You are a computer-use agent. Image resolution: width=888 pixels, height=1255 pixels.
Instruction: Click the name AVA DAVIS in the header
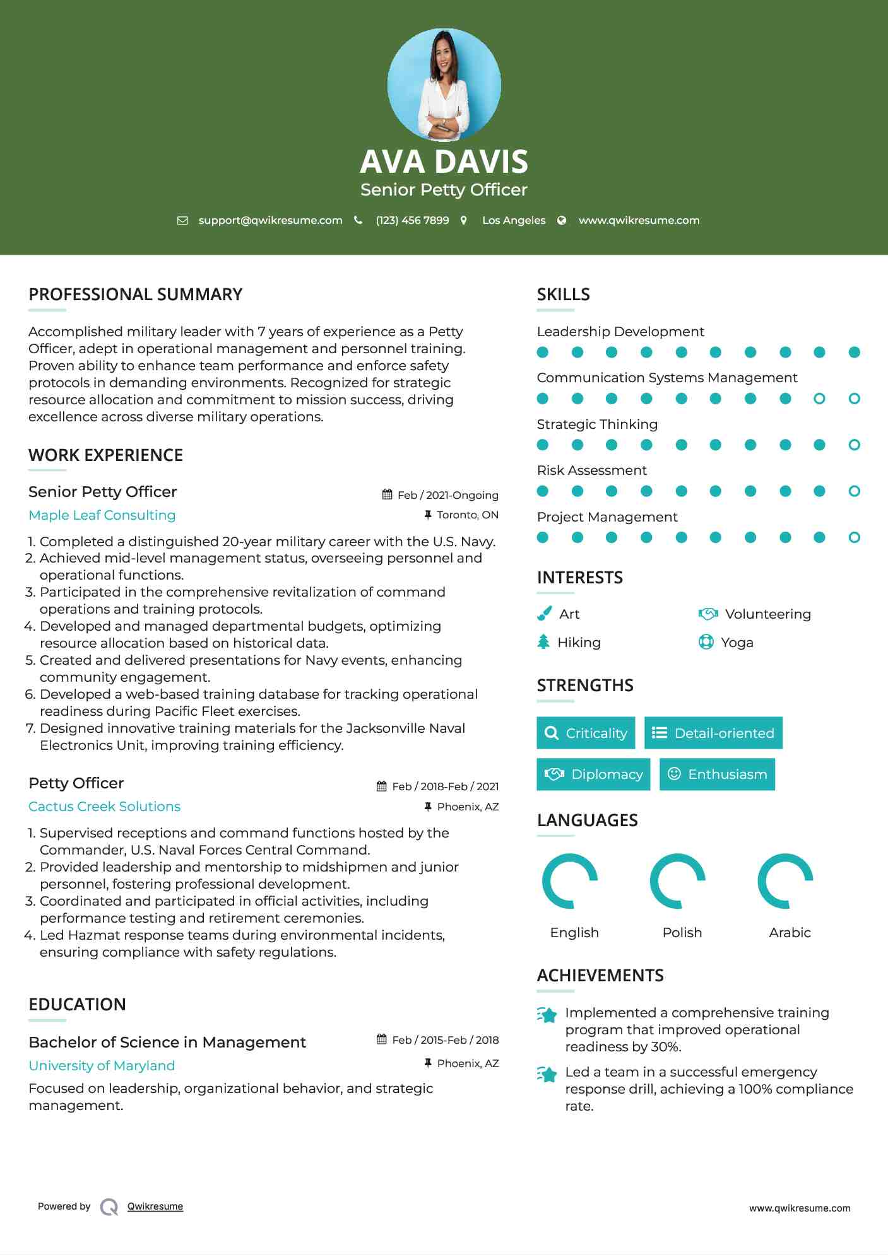pyautogui.click(x=444, y=161)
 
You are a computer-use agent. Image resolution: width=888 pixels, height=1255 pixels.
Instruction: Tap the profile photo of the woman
pyautogui.click(x=444, y=85)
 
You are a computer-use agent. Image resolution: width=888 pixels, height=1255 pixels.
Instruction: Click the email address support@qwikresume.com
pyautogui.click(x=270, y=220)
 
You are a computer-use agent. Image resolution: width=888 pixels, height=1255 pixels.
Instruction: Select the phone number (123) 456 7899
pyautogui.click(x=412, y=220)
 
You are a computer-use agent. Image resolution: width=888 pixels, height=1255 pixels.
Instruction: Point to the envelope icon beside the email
pyautogui.click(x=182, y=220)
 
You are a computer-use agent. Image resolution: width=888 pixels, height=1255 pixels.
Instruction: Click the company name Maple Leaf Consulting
pyautogui.click(x=102, y=515)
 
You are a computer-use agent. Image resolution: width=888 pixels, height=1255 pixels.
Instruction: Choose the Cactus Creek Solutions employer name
pyautogui.click(x=104, y=807)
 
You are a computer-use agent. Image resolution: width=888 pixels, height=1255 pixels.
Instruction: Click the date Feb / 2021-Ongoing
pyautogui.click(x=447, y=495)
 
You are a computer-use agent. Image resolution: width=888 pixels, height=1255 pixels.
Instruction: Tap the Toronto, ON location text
pyautogui.click(x=467, y=515)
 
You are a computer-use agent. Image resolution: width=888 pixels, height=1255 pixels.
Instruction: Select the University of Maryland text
pyautogui.click(x=102, y=1066)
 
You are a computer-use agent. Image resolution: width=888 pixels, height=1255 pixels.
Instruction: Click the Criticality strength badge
pyautogui.click(x=586, y=733)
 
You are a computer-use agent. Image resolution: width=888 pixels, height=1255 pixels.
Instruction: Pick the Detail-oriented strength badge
pyautogui.click(x=713, y=733)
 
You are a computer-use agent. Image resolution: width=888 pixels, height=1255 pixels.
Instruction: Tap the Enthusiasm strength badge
pyautogui.click(x=717, y=774)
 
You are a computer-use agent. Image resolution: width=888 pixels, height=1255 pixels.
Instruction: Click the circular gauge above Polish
pyautogui.click(x=678, y=881)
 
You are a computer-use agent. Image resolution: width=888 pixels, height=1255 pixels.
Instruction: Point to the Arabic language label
pyautogui.click(x=790, y=933)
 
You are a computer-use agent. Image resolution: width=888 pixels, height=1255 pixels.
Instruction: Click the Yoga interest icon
pyautogui.click(x=706, y=642)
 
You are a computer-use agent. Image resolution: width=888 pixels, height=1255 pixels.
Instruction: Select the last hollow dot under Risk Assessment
pyautogui.click(x=854, y=491)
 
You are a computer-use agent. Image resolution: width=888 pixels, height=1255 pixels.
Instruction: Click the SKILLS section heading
pyautogui.click(x=563, y=295)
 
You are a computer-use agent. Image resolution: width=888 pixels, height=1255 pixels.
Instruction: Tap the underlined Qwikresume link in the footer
pyautogui.click(x=155, y=1206)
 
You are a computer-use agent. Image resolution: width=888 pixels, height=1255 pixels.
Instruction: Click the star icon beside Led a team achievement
pyautogui.click(x=547, y=1074)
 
